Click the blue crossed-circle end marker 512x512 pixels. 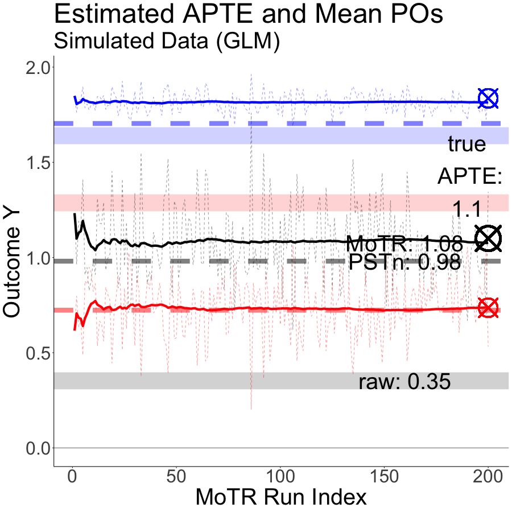(x=488, y=98)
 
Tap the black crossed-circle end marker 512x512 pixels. (x=488, y=238)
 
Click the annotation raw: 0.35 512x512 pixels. (x=404, y=382)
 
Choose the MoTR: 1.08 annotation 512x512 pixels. (x=404, y=244)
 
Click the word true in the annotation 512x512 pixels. (x=466, y=144)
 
